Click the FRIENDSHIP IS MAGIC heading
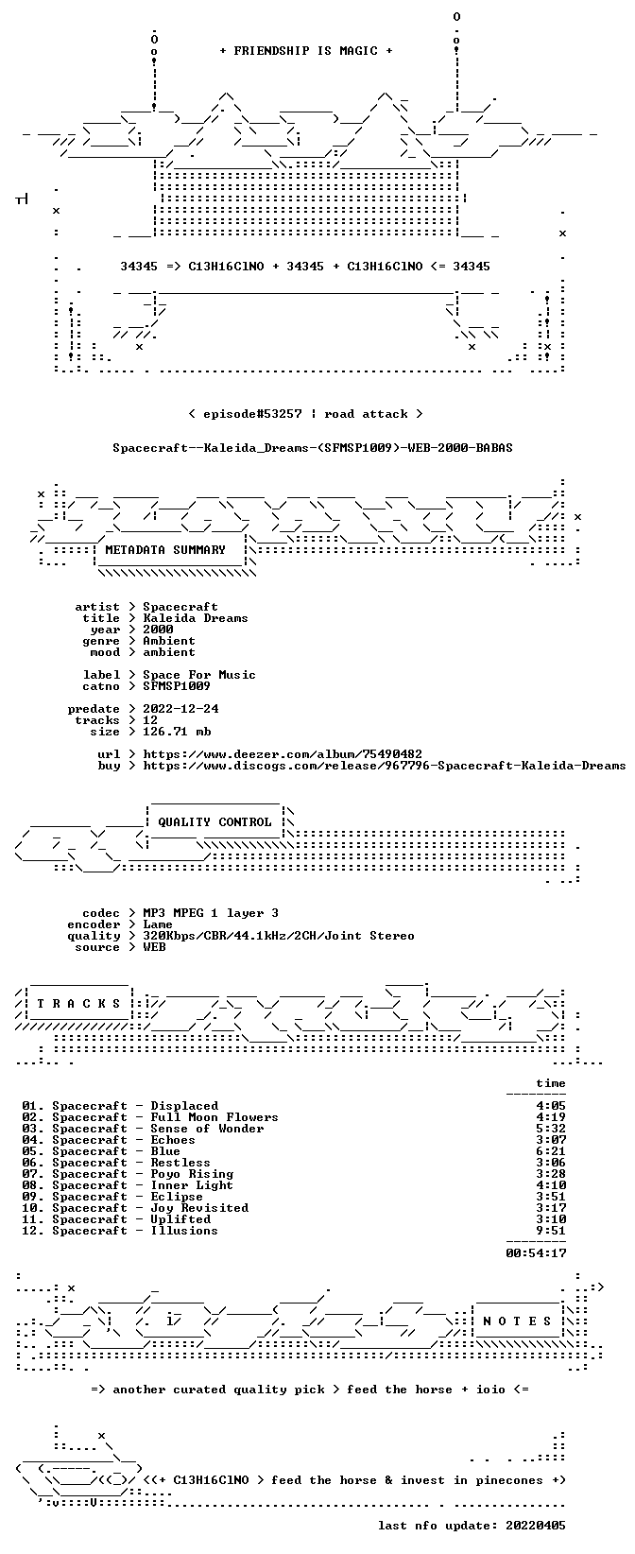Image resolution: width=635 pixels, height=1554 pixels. tap(306, 51)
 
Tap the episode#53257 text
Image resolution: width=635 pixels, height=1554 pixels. tap(252, 414)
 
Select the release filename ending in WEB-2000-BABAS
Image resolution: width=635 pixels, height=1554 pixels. tap(313, 448)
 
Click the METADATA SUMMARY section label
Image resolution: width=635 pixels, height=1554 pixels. tap(165, 550)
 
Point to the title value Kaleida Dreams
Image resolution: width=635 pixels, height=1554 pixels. tap(196, 618)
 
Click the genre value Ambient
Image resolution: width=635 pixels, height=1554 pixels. tap(169, 641)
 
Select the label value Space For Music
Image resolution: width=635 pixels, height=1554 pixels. tap(199, 675)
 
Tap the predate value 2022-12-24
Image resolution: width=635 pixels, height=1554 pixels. tap(180, 709)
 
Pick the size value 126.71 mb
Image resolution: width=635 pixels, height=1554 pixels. tap(177, 732)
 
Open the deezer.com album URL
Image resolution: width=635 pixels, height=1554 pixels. tap(283, 754)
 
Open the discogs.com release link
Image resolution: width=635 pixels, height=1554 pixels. tap(384, 766)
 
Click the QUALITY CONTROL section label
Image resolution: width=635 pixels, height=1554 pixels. tap(215, 822)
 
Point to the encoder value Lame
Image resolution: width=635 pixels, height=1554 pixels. tap(158, 924)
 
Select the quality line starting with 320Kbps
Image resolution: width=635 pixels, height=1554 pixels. tap(279, 936)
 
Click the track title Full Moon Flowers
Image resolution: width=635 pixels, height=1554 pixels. tap(215, 1117)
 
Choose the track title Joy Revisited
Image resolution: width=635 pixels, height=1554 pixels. tap(199, 1209)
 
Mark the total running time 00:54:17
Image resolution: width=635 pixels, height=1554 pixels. tap(536, 1253)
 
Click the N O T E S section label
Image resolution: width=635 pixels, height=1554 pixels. tap(517, 1321)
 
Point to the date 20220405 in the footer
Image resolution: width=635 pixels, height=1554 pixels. tap(535, 1526)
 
